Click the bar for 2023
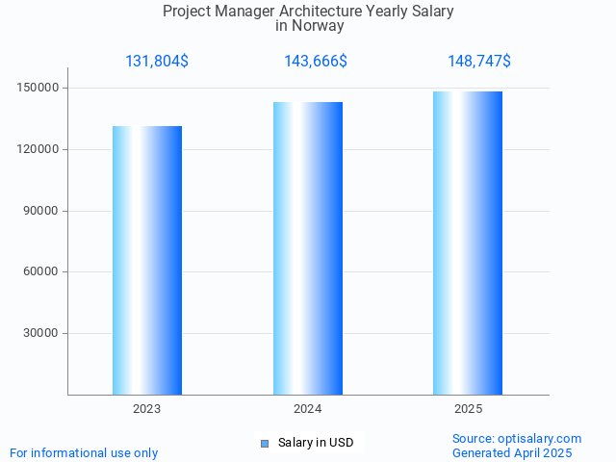(147, 260)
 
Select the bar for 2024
(308, 248)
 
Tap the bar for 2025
(468, 243)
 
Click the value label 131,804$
(157, 62)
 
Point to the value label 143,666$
(316, 62)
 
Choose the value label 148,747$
(479, 62)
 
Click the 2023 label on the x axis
(147, 409)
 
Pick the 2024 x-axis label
(308, 409)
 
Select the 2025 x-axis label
(468, 409)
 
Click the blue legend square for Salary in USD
(265, 443)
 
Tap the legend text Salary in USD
(316, 443)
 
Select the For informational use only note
(84, 452)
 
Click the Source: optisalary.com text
(517, 438)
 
